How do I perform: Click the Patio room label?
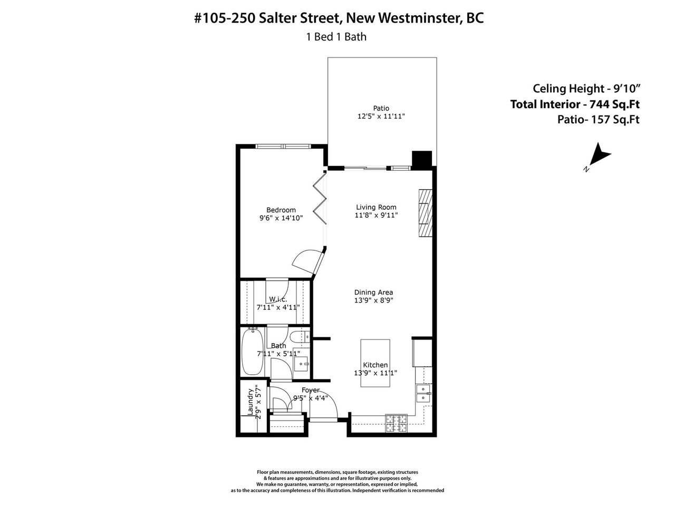pyautogui.click(x=381, y=108)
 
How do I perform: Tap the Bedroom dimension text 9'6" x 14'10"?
pyautogui.click(x=281, y=218)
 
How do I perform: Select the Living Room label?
pyautogui.click(x=376, y=207)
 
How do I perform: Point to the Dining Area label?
pyautogui.click(x=373, y=292)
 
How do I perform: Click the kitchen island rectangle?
pyautogui.click(x=375, y=363)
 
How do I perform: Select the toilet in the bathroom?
pyautogui.click(x=300, y=337)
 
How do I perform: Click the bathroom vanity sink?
pyautogui.click(x=301, y=364)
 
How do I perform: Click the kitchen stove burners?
pyautogui.click(x=397, y=423)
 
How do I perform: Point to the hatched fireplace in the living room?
pyautogui.click(x=425, y=213)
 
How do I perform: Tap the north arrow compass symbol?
pyautogui.click(x=598, y=156)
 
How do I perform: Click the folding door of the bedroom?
pyautogui.click(x=320, y=198)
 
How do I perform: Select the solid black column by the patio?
pyautogui.click(x=421, y=160)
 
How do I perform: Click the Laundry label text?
pyautogui.click(x=250, y=402)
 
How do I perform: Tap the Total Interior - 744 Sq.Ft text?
pyautogui.click(x=575, y=104)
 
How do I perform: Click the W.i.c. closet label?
pyautogui.click(x=278, y=299)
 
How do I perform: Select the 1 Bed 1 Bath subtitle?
pyautogui.click(x=336, y=37)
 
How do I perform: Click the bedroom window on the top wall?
pyautogui.click(x=283, y=146)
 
